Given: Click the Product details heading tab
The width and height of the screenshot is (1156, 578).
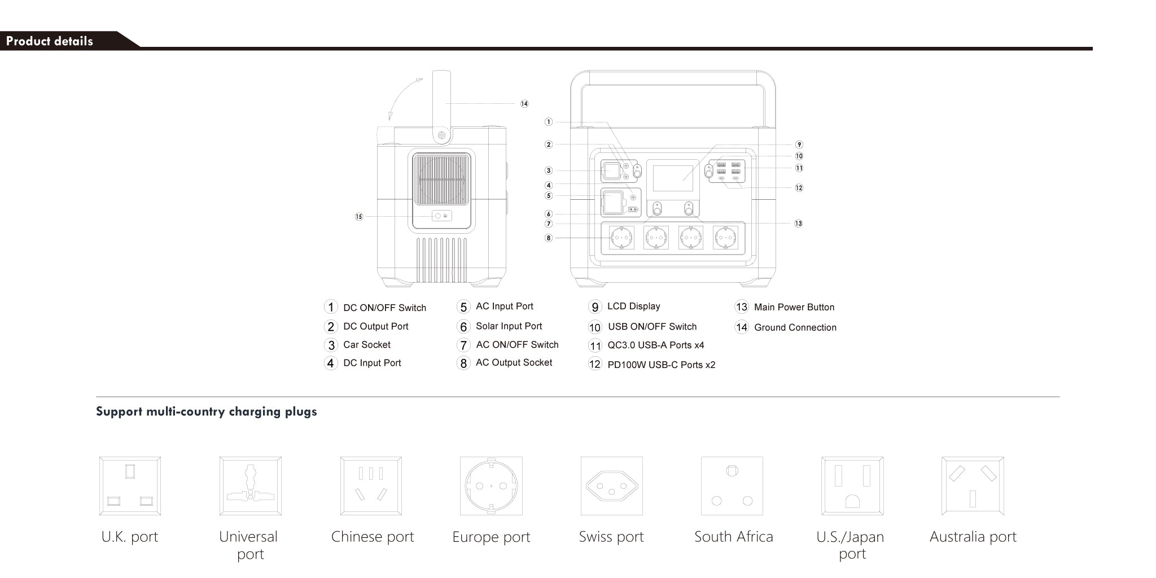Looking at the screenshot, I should coord(50,41).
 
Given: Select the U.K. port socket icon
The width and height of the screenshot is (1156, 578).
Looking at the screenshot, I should coord(130,486).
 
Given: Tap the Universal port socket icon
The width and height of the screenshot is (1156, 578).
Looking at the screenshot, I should coord(250,486).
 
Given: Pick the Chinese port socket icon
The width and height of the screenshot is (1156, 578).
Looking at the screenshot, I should coord(371,486).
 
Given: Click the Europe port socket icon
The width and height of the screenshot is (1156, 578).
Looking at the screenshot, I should coord(491,486).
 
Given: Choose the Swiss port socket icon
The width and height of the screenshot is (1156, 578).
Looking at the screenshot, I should coord(611,486).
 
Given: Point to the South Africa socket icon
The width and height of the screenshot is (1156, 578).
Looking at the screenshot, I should coord(732,486).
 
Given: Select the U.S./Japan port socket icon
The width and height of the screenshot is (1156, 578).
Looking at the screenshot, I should coord(852,486).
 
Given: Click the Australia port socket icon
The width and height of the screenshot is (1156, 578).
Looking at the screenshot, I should coord(973,486).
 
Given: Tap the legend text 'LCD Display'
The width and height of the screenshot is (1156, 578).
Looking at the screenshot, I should coord(633,306).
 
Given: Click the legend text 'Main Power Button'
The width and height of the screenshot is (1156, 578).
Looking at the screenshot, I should coord(794,307).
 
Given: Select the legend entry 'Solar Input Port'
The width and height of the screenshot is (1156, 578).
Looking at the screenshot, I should coord(509,326).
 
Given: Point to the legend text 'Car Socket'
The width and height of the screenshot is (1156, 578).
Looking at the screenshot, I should coord(366,344).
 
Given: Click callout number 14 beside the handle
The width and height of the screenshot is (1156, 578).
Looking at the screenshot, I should coord(524,104).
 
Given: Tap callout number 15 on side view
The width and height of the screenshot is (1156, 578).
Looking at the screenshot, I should coord(359,217).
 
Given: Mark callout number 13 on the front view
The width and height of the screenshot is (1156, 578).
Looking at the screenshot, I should coord(798,224).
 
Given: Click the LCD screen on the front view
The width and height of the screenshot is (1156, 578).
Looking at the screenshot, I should coord(673,178).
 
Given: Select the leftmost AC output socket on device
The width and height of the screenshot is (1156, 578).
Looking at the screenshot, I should coord(621,238).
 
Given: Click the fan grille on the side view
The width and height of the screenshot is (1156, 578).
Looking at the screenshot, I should coord(441,179).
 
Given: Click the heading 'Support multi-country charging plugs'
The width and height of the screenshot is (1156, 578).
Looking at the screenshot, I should coord(206,411).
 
